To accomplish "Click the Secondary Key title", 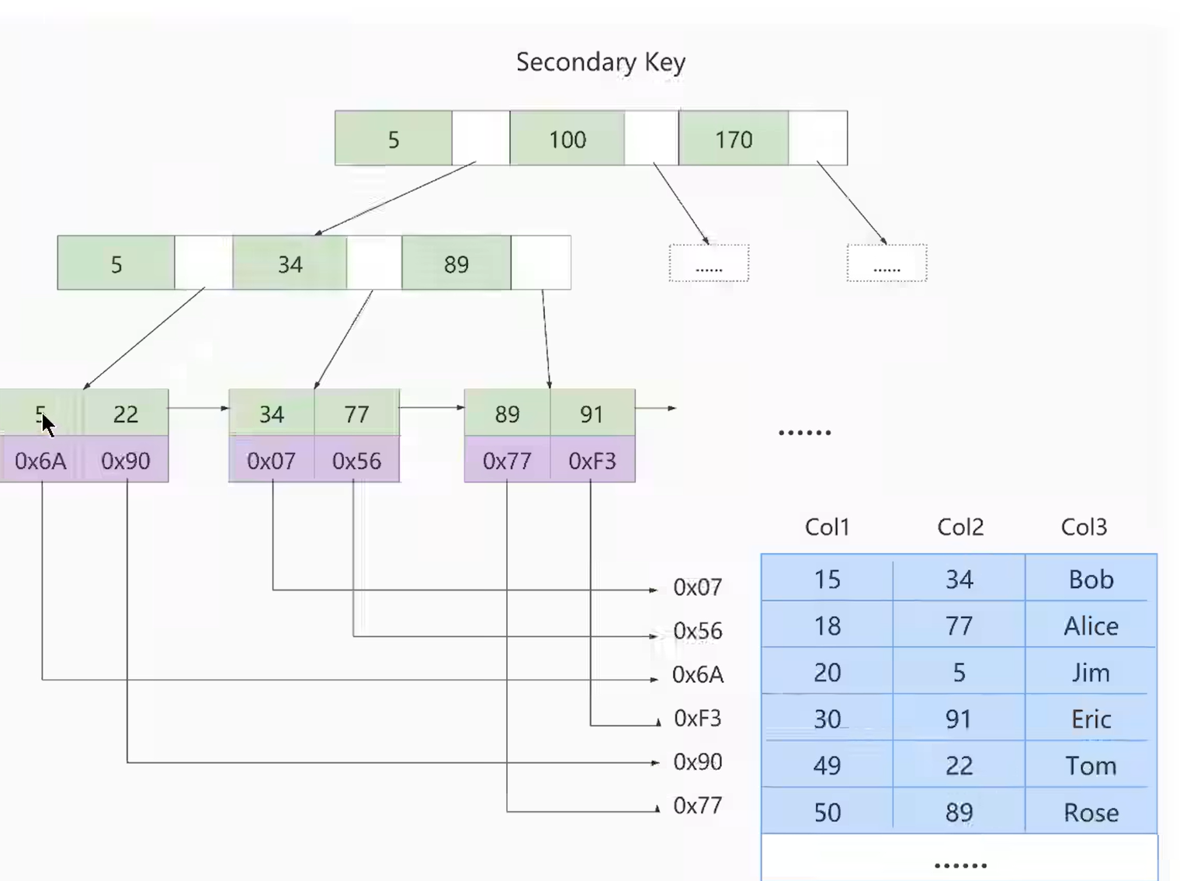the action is pyautogui.click(x=601, y=62).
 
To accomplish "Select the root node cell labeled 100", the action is pyautogui.click(x=567, y=138).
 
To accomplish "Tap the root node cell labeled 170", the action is pyautogui.click(x=734, y=138).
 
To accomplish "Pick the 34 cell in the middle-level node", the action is pyautogui.click(x=290, y=263).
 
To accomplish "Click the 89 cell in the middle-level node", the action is pyautogui.click(x=456, y=263).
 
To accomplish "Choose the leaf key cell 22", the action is pyautogui.click(x=126, y=413).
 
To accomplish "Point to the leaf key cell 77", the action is pyautogui.click(x=357, y=413).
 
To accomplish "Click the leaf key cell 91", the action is pyautogui.click(x=592, y=413).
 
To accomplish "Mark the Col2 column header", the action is pyautogui.click(x=960, y=527).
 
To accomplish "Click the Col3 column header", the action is pyautogui.click(x=1084, y=527).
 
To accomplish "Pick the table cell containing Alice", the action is pyautogui.click(x=1091, y=625).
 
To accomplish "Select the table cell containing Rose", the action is pyautogui.click(x=1091, y=811).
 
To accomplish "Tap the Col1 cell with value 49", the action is pyautogui.click(x=828, y=764).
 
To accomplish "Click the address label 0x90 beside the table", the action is pyautogui.click(x=698, y=761).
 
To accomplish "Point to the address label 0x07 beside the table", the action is pyautogui.click(x=698, y=587).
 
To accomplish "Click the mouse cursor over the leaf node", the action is pyautogui.click(x=47, y=426).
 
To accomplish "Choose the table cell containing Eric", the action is pyautogui.click(x=1091, y=718).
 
